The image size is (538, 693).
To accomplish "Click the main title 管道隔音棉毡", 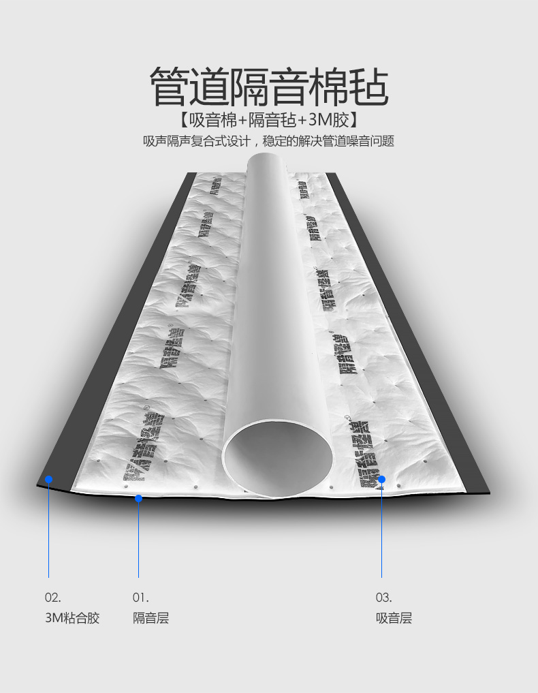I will [x=269, y=86].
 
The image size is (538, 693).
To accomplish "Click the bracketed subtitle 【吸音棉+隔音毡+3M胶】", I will [x=269, y=121].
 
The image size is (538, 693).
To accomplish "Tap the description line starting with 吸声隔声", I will [x=269, y=142].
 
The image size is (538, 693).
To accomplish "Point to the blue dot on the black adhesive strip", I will [x=48, y=479].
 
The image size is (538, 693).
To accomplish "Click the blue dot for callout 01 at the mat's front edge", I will [x=138, y=498].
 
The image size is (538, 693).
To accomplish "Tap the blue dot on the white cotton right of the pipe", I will [x=382, y=479].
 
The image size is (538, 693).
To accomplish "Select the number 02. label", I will [x=53, y=598].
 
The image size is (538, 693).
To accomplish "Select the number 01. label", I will [x=140, y=598].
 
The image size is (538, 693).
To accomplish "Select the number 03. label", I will [x=384, y=598].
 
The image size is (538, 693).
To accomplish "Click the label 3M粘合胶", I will [x=72, y=618].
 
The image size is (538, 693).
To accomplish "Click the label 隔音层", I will [x=151, y=618].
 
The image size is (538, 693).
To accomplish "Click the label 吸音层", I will [x=394, y=618].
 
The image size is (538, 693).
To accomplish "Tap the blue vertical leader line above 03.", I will [x=382, y=532].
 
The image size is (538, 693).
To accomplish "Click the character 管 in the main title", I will [x=169, y=86].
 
